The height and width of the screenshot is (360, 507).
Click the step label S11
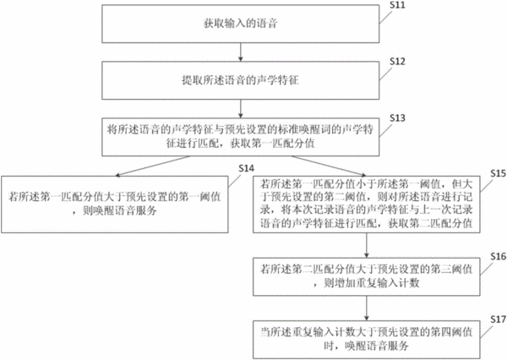(x=397, y=5)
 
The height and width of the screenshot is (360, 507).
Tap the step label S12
(x=397, y=61)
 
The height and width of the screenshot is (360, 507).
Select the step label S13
(x=397, y=118)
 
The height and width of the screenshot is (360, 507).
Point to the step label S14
(x=247, y=168)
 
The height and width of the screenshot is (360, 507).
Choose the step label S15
(x=499, y=173)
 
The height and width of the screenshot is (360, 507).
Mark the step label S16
(x=499, y=257)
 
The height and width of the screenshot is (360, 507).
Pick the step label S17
(x=499, y=319)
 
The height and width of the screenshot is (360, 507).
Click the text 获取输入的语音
(x=241, y=24)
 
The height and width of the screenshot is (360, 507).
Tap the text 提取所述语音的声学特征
(x=240, y=80)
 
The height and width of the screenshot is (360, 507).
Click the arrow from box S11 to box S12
(x=240, y=52)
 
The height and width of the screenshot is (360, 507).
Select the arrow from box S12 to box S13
(x=240, y=109)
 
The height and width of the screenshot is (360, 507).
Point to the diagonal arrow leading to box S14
(x=152, y=166)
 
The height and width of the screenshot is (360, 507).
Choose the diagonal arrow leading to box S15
(x=330, y=166)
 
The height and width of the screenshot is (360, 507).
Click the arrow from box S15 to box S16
(x=367, y=245)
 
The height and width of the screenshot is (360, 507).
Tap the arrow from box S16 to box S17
(x=367, y=308)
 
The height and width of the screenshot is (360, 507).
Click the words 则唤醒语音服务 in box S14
(x=120, y=211)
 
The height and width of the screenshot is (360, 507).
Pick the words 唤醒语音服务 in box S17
(x=377, y=346)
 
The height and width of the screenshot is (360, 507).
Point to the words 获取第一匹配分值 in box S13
(x=273, y=144)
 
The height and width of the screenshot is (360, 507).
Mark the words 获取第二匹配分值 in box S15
(x=430, y=223)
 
